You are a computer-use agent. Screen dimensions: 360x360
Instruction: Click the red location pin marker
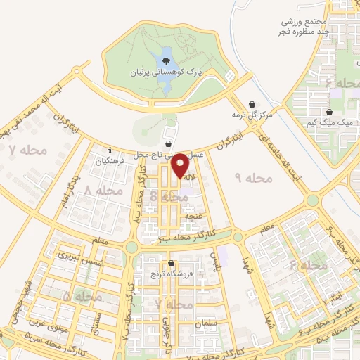[x=181, y=165]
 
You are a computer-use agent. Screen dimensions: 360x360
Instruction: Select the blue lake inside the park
[x=166, y=70]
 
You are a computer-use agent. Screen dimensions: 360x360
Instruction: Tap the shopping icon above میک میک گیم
[x=328, y=112]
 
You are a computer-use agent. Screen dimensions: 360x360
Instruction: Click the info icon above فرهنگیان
[x=110, y=150]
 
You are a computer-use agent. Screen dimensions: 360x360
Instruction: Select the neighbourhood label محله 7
[x=27, y=150]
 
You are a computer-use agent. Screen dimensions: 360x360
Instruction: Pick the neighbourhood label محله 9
[x=254, y=179]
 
